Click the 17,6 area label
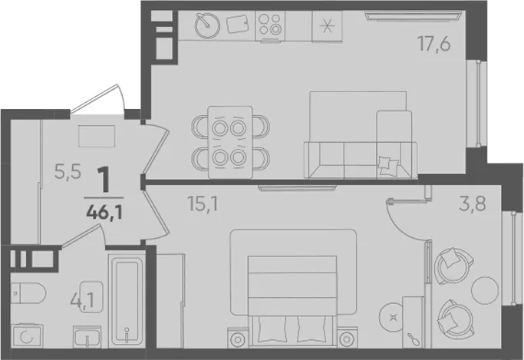click(x=433, y=44)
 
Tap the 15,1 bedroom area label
click(x=203, y=203)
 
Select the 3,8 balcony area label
click(x=473, y=203)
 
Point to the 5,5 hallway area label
click(x=68, y=172)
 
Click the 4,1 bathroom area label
click(x=82, y=300)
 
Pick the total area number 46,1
click(x=104, y=212)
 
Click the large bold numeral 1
click(x=104, y=180)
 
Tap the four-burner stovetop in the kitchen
click(x=270, y=25)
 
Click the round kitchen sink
click(x=207, y=25)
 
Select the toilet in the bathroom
click(x=28, y=292)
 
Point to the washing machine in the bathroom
click(x=27, y=336)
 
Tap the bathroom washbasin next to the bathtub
click(x=87, y=337)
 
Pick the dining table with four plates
click(x=230, y=143)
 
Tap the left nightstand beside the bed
click(x=238, y=338)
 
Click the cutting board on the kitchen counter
click(x=238, y=25)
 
